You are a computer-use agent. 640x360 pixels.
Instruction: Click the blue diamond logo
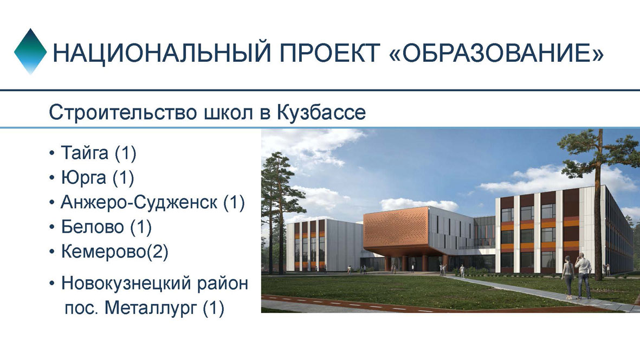[x=30, y=52]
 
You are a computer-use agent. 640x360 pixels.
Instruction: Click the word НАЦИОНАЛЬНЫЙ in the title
[x=161, y=53]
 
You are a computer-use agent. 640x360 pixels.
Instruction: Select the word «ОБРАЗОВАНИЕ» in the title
[x=497, y=53]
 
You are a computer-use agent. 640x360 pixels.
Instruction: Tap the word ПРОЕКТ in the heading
[x=330, y=53]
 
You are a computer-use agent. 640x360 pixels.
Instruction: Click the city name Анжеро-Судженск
[x=139, y=202]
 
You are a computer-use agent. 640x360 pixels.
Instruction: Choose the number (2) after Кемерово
[x=157, y=252]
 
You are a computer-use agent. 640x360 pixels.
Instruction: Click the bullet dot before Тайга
[x=51, y=153]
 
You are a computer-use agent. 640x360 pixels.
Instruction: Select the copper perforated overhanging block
[x=396, y=231]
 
